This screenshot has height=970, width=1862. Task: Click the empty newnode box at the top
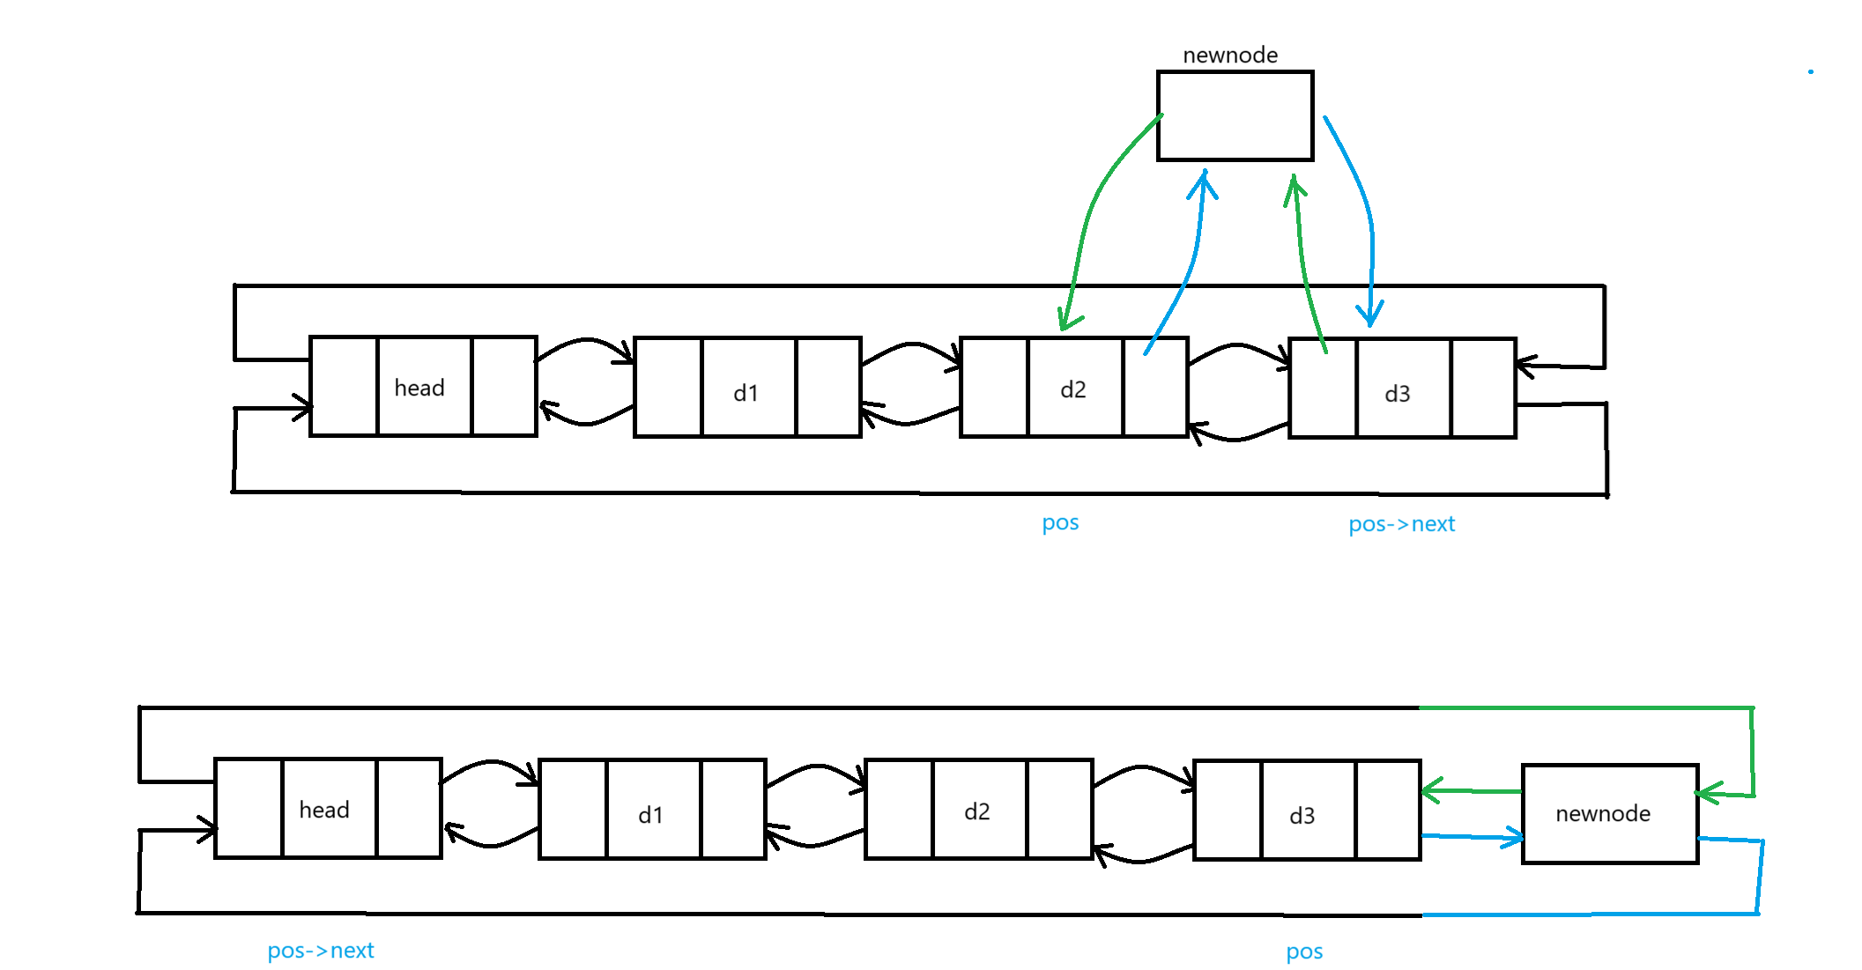pyautogui.click(x=1235, y=115)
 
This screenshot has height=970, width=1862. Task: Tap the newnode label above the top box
pyautogui.click(x=1230, y=56)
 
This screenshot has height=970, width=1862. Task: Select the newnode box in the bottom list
pyautogui.click(x=1609, y=813)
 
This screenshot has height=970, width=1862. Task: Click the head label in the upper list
pyautogui.click(x=419, y=388)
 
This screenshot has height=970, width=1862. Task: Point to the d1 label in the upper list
pyautogui.click(x=746, y=393)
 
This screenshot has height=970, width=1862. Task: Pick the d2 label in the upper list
pyautogui.click(x=1073, y=389)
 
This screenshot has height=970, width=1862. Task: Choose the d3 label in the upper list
pyautogui.click(x=1398, y=394)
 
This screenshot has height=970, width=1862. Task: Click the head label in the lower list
pyautogui.click(x=324, y=810)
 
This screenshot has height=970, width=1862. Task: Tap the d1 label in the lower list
pyautogui.click(x=650, y=815)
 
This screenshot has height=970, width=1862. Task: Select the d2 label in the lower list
pyautogui.click(x=977, y=811)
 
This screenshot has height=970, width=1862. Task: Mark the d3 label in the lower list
pyautogui.click(x=1302, y=816)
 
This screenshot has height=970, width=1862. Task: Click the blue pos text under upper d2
pyautogui.click(x=1060, y=522)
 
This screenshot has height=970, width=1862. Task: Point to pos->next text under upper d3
pyautogui.click(x=1401, y=524)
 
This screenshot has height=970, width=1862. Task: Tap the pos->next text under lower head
pyautogui.click(x=321, y=951)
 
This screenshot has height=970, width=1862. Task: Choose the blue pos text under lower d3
pyautogui.click(x=1304, y=951)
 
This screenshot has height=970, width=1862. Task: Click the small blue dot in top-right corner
pyautogui.click(x=1811, y=71)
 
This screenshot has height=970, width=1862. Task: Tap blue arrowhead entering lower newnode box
pyautogui.click(x=1516, y=837)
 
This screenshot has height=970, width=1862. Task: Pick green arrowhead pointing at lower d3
pyautogui.click(x=1429, y=790)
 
